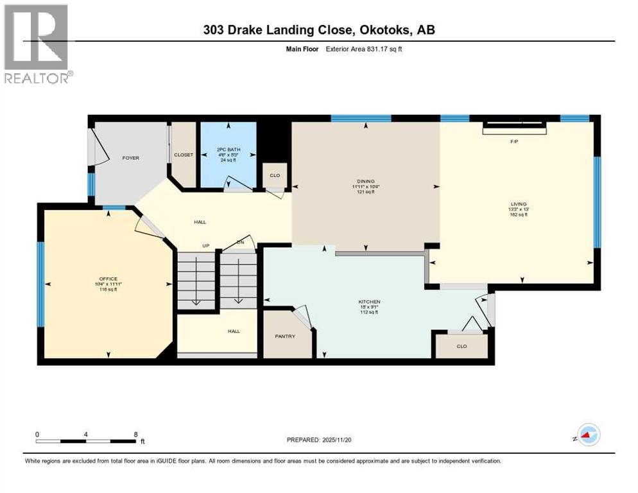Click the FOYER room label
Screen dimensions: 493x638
[x=131, y=158]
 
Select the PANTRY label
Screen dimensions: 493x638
[x=284, y=336]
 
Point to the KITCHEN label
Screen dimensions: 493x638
[x=369, y=302]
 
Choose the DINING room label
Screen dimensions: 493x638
[x=366, y=182]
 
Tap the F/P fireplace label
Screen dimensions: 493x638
[x=514, y=141]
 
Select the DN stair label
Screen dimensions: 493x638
[x=239, y=243]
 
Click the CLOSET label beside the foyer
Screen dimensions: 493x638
[x=184, y=155]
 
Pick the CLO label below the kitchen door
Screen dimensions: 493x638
[x=461, y=346]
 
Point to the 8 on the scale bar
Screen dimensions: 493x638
[x=136, y=434]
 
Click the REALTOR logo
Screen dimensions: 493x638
[x=37, y=44]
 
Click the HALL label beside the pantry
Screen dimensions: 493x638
[x=234, y=331]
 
